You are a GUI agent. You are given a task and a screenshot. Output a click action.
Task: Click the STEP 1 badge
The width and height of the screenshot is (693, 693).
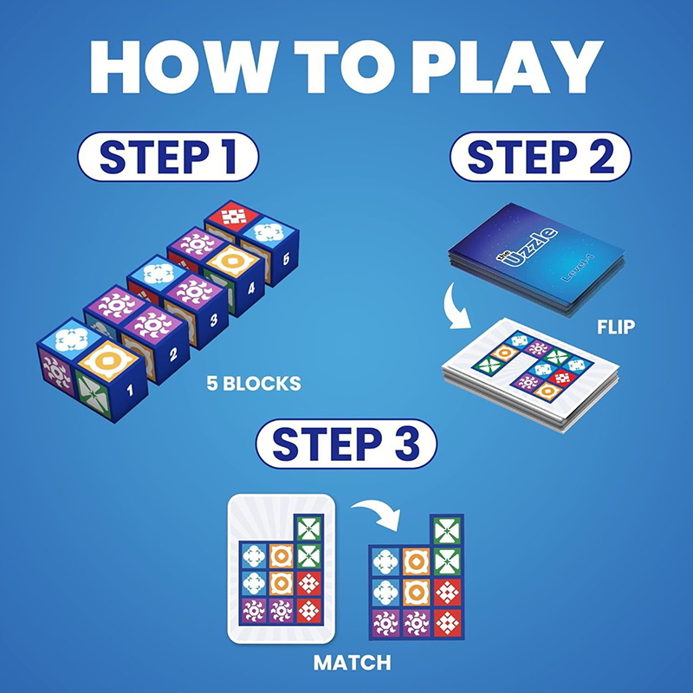tap(168, 157)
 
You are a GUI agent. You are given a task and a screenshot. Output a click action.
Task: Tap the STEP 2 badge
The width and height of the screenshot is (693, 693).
tap(540, 157)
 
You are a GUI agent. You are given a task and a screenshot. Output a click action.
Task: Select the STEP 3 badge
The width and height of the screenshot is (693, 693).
tap(346, 444)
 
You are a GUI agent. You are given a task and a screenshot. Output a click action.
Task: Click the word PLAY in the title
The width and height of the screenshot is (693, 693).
tap(508, 68)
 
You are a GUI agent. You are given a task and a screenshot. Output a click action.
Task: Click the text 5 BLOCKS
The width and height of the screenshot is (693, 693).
tap(254, 383)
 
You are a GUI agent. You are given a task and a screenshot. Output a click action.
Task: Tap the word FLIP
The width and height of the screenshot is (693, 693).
tap(616, 327)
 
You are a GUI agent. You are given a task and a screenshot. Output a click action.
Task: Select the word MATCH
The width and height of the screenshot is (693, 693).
tap(353, 663)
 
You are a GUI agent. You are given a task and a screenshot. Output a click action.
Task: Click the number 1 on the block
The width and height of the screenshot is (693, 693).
tap(129, 390)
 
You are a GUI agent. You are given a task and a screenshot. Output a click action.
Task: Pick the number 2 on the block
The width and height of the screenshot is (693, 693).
tap(173, 353)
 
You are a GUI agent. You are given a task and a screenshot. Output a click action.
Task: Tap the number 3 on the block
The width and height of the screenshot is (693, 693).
tap(213, 321)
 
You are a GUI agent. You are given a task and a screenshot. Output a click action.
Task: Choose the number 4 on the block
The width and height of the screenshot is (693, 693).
tap(251, 288)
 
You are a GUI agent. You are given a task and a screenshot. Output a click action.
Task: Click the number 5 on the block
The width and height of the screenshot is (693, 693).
tap(286, 259)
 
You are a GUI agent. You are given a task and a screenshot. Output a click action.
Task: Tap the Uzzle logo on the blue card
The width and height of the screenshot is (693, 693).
tap(528, 249)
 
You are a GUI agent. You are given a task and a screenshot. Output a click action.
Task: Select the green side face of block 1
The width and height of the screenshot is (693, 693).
tap(94, 394)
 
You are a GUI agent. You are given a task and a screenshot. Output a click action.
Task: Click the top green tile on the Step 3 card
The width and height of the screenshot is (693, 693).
tap(309, 528)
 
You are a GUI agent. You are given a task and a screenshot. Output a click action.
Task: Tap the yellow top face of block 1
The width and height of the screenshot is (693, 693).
tap(107, 360)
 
